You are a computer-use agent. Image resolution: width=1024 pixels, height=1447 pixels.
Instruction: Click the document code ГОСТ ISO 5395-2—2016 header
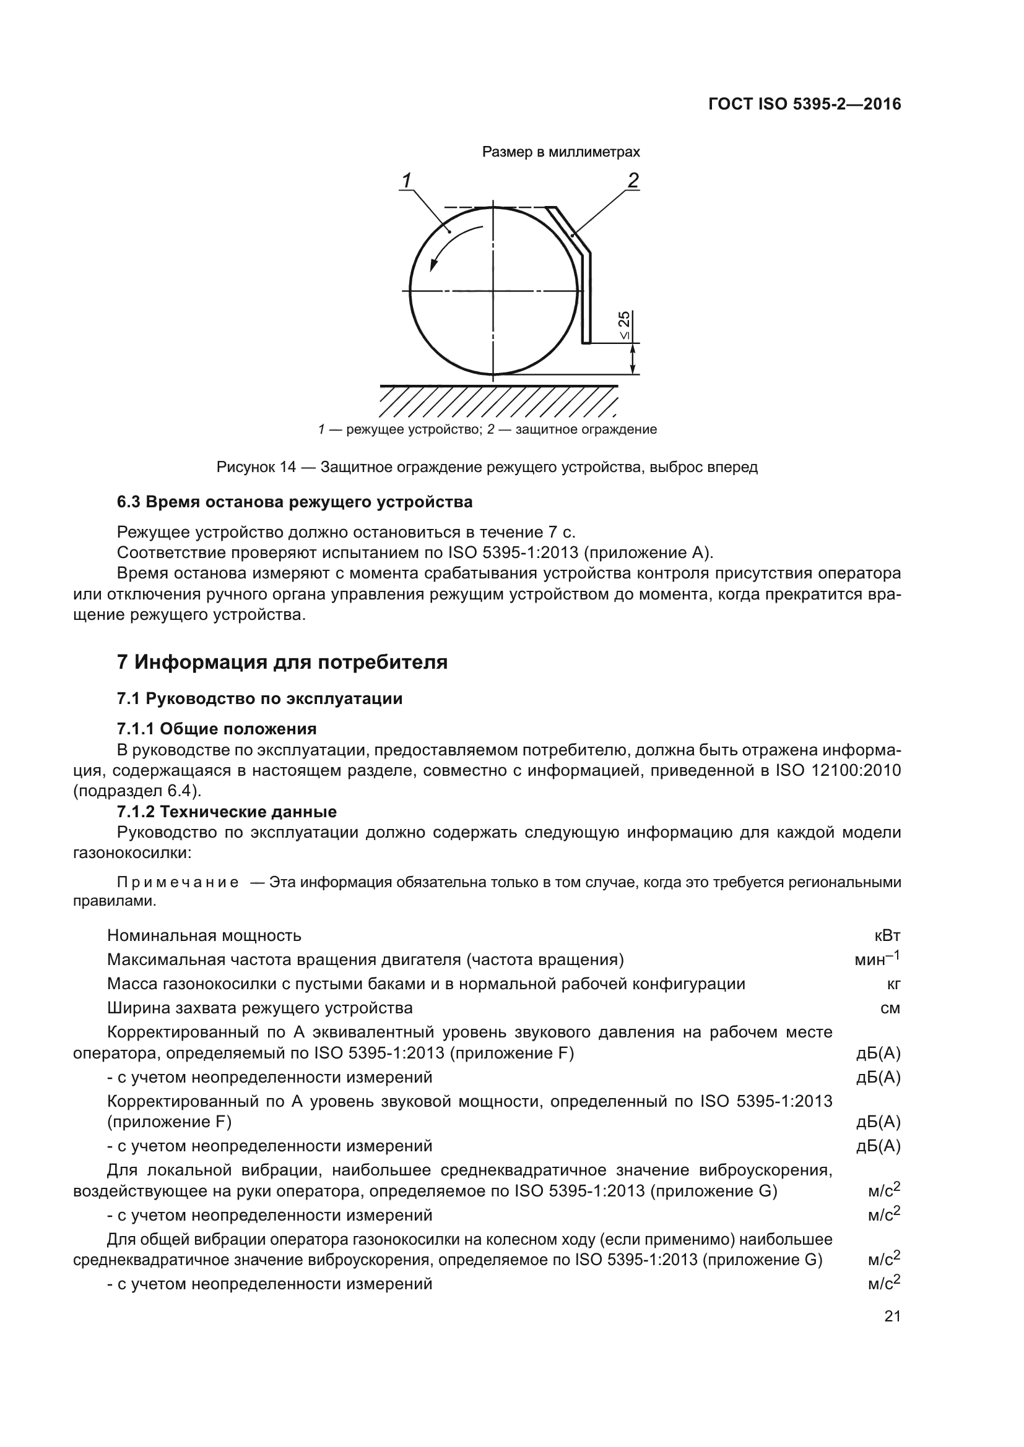[805, 104]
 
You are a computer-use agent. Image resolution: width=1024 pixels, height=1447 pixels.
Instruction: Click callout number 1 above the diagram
[407, 180]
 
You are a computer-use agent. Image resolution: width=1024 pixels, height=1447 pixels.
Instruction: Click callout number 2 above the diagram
[633, 180]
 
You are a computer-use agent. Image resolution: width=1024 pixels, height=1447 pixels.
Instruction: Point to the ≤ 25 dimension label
[623, 326]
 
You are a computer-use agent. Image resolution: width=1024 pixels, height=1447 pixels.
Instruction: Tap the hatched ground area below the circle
[498, 402]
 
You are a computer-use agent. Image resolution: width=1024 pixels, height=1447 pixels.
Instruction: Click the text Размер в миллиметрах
[560, 152]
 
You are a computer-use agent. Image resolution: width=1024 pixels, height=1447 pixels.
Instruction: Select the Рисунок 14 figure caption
[487, 467]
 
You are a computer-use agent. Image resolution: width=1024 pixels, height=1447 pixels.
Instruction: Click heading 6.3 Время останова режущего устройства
[295, 502]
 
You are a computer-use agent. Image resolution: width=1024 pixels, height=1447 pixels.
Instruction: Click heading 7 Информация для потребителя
[282, 663]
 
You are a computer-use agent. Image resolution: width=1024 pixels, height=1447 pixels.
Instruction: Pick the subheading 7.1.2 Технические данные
[227, 811]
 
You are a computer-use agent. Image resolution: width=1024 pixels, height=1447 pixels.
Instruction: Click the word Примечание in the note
[178, 882]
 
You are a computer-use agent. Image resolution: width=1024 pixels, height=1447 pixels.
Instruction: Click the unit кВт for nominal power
[888, 935]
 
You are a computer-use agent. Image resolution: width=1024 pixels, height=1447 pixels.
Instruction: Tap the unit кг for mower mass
[893, 984]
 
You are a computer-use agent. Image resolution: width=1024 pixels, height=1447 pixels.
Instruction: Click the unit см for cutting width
[890, 1008]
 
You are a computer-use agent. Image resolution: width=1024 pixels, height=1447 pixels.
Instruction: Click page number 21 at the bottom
[892, 1316]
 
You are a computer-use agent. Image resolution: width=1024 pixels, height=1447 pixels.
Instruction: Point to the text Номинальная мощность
[204, 935]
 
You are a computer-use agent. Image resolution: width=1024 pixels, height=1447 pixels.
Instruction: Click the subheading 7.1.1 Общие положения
[216, 729]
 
